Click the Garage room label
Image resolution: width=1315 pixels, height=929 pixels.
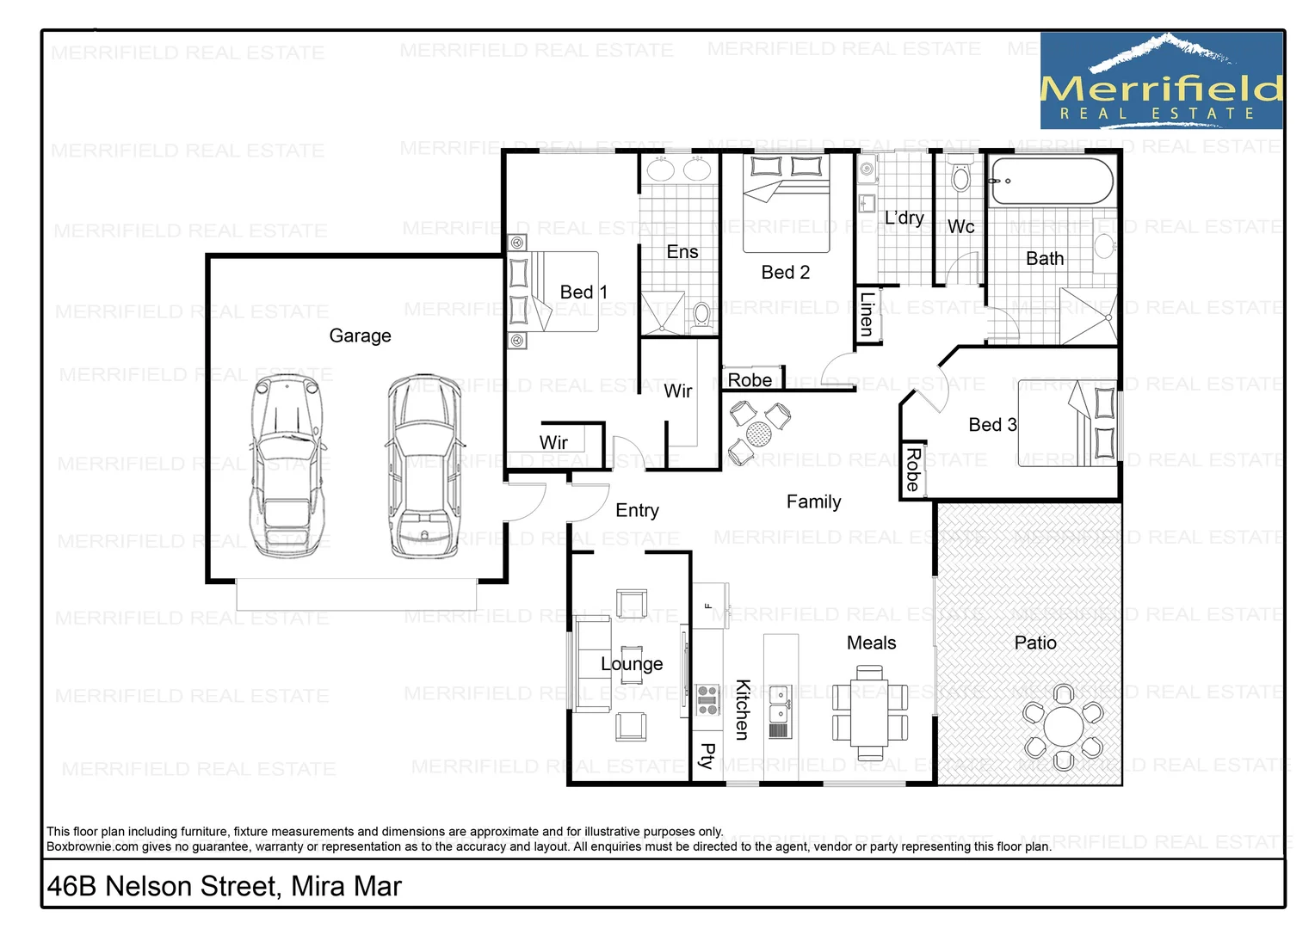point(360,335)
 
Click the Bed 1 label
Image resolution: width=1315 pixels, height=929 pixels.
point(583,292)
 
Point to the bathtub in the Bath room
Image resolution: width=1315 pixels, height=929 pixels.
point(1052,181)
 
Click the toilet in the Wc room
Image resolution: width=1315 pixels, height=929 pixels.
point(960,179)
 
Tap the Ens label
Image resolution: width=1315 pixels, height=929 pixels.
point(682,252)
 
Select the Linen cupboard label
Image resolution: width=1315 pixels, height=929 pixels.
point(867,314)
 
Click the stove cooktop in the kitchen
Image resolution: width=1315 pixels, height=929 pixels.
point(707,700)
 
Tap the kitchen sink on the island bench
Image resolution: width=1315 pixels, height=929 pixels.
point(780,704)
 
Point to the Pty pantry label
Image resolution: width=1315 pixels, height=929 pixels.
point(707,756)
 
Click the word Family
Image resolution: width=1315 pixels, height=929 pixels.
point(813,501)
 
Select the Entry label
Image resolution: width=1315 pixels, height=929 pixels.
point(637,510)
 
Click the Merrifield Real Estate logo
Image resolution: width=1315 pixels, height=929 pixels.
point(1161,82)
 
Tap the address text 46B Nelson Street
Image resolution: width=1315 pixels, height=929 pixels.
point(224,886)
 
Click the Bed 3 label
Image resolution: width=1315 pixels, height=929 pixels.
point(992,425)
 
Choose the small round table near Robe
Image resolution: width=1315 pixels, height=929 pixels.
point(758,434)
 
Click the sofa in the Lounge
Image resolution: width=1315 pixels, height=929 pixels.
point(592,664)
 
